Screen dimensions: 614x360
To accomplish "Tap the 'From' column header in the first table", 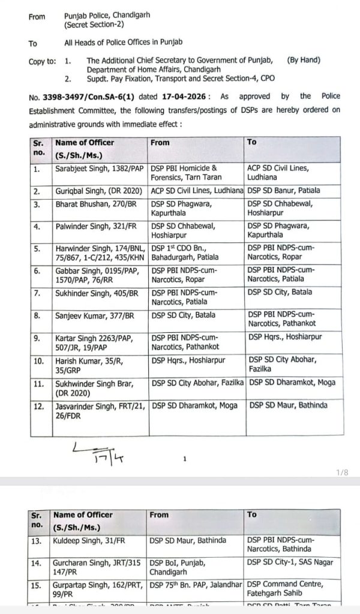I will (x=160, y=143).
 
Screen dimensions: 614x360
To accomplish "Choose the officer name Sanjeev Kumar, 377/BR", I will (x=88, y=315).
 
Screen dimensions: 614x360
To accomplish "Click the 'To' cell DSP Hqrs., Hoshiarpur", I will (x=282, y=338).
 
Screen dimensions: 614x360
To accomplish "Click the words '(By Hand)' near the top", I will (x=304, y=60).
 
